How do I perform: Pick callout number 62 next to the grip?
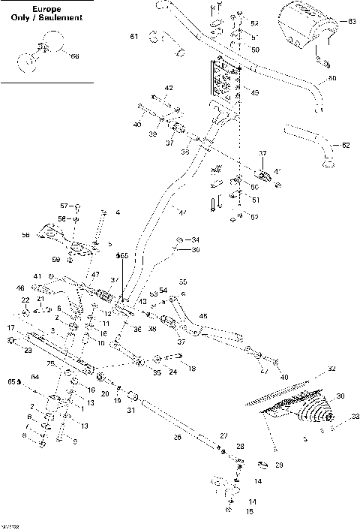(x=345, y=143)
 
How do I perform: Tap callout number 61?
(x=134, y=37)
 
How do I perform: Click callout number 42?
(x=169, y=89)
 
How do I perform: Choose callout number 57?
(x=64, y=205)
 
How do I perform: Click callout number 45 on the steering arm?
(x=204, y=316)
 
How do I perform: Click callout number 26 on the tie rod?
(x=178, y=437)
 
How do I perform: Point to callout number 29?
(x=280, y=465)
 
